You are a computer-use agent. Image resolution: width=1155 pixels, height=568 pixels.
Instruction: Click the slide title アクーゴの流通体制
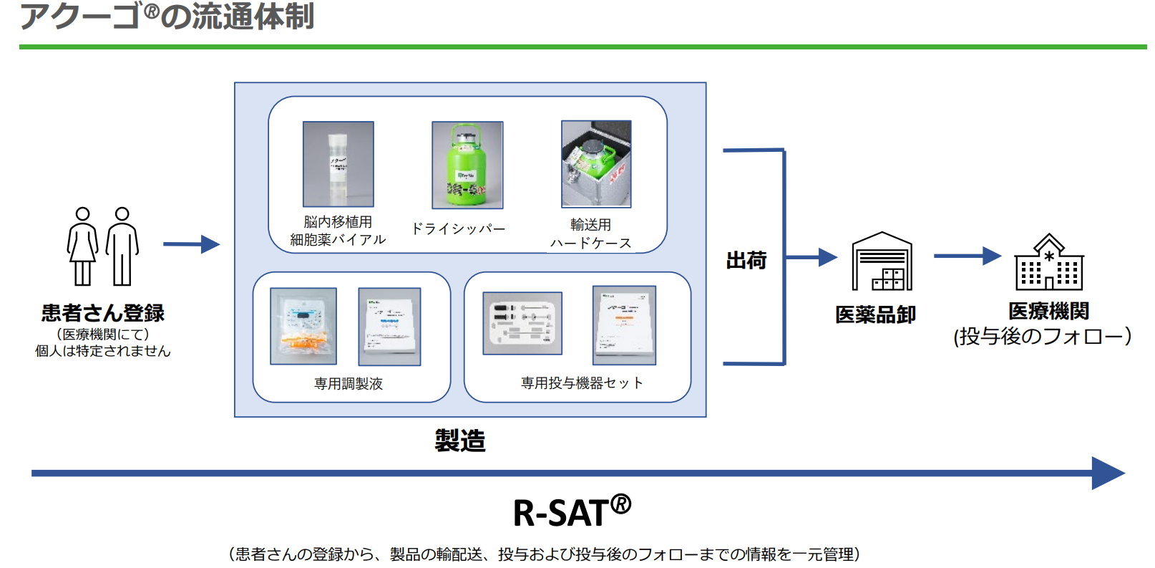167,16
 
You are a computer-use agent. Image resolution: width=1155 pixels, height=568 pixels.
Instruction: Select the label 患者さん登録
103,313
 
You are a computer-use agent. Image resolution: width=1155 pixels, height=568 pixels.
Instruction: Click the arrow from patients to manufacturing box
190,244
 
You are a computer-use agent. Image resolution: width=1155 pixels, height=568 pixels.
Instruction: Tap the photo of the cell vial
338,164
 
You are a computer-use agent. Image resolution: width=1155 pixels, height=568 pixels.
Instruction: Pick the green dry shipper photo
467,165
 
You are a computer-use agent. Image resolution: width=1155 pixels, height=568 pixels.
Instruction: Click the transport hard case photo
596,164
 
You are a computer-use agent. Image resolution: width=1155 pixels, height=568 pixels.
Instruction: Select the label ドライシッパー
458,229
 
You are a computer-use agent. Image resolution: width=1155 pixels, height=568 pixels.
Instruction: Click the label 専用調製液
349,384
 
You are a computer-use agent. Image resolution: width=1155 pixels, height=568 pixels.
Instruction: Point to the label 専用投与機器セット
581,383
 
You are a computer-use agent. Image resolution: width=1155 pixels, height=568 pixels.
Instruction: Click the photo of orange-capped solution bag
303,327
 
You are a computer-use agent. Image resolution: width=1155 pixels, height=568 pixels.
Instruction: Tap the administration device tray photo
522,323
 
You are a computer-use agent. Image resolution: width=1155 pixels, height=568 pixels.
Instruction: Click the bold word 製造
460,440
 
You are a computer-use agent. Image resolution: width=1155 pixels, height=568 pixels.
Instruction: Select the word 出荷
746,260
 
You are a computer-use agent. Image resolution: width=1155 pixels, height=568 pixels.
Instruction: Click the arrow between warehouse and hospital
967,256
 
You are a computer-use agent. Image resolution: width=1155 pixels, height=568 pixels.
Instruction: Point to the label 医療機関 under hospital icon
1048,311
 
